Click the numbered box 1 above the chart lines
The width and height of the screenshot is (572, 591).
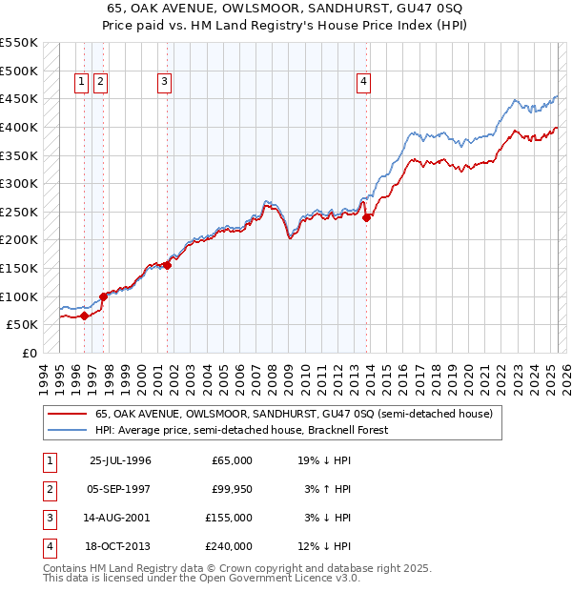point(82,83)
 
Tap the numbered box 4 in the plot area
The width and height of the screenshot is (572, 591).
point(364,83)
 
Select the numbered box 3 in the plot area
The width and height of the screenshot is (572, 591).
point(165,83)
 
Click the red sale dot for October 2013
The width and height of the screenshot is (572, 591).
point(367,217)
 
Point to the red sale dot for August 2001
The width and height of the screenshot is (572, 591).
point(167,265)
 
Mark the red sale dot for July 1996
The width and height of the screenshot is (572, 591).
point(84,316)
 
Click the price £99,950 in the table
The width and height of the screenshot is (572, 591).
point(229,489)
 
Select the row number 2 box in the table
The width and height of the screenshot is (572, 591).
point(49,489)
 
